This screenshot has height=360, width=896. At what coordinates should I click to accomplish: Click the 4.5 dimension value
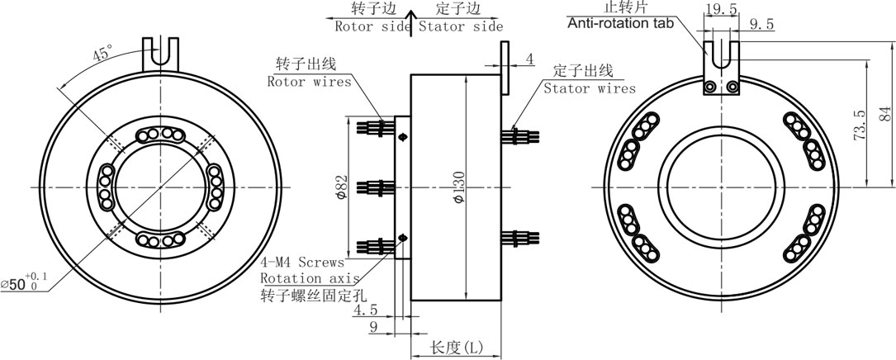(365, 311)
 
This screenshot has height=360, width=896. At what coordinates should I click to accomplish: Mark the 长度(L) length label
(457, 348)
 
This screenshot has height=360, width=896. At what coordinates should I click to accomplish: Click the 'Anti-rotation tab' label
(620, 22)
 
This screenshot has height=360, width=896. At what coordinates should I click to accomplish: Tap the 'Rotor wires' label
(309, 81)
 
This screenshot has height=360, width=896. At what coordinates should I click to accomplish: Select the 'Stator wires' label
(589, 88)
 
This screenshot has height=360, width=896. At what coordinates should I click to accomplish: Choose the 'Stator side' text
(460, 26)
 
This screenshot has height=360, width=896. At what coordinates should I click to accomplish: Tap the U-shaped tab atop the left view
(159, 54)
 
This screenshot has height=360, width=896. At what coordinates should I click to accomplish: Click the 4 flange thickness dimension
(529, 59)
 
